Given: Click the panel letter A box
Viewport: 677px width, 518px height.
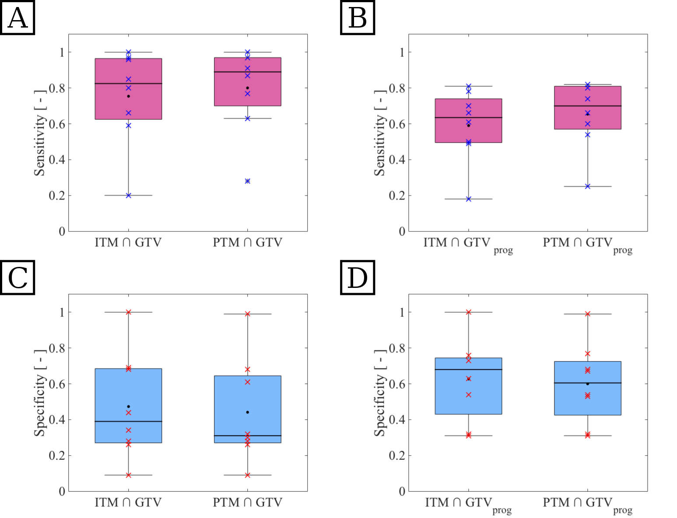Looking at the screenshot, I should point(18,18).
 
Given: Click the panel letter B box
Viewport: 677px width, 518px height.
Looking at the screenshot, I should point(358,18).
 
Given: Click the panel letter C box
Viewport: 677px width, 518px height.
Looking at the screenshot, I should point(18,278).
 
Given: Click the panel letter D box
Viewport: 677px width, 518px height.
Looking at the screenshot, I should point(358,278).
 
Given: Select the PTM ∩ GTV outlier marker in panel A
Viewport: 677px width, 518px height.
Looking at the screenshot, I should point(247,181).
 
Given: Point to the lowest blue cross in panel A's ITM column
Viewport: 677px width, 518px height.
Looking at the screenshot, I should point(128,196).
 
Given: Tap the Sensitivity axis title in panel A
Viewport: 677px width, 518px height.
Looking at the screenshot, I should point(40,133).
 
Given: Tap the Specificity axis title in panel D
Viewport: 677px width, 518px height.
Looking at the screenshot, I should point(380,393).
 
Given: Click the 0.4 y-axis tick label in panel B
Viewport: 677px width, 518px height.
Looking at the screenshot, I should point(397,160).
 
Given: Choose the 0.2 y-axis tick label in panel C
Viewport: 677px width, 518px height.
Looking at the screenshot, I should point(57,455).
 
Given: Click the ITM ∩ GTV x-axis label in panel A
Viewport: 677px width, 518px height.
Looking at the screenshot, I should point(128,242).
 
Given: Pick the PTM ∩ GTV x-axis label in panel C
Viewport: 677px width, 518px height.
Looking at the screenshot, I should point(247,502).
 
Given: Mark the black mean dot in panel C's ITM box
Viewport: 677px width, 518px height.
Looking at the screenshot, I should point(128,406).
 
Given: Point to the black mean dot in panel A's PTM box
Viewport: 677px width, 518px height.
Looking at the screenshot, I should point(247,88).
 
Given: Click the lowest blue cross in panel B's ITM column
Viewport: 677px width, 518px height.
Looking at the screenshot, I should point(468,199).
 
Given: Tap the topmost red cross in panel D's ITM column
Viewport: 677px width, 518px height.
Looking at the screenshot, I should point(468,312).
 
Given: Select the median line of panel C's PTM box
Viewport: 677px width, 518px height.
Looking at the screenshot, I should point(247,436).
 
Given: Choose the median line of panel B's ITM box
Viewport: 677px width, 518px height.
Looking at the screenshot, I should point(468,117).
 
